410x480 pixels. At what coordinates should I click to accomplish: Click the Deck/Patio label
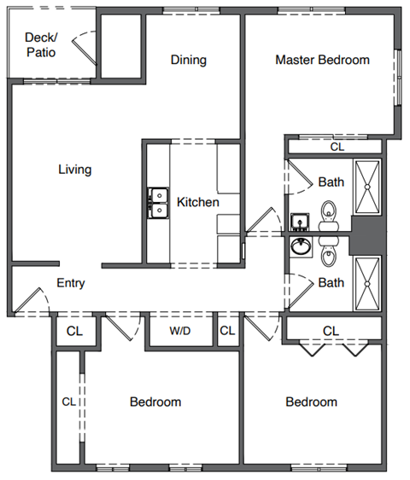click(x=40, y=44)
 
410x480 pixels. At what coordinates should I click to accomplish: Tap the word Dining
click(x=188, y=61)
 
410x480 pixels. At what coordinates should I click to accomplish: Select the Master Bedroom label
click(x=322, y=61)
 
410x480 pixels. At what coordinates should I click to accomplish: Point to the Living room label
click(x=74, y=170)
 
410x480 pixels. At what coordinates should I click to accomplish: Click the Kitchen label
click(x=198, y=203)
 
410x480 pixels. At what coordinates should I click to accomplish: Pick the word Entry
click(x=70, y=284)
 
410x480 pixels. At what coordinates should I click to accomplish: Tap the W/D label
click(x=179, y=330)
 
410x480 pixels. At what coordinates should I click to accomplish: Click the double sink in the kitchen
click(x=157, y=203)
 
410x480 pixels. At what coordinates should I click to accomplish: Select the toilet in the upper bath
click(x=328, y=211)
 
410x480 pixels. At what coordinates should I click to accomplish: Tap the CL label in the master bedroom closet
click(x=337, y=147)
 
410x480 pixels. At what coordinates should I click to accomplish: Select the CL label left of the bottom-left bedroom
click(x=69, y=401)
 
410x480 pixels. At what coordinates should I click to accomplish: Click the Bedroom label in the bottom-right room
click(x=311, y=402)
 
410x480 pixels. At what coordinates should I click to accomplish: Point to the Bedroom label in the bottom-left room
click(x=155, y=402)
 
